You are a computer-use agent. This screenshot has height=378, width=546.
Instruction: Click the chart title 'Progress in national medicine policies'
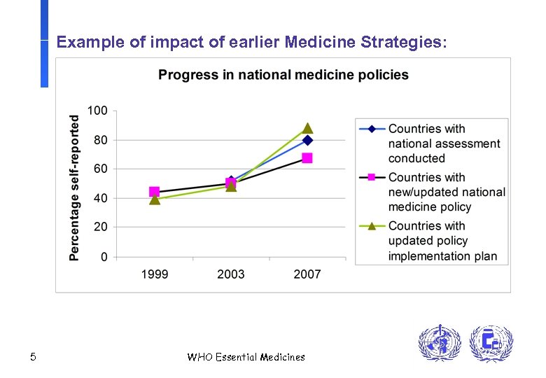(x=283, y=75)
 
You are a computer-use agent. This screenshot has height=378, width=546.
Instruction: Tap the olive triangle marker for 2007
(x=307, y=129)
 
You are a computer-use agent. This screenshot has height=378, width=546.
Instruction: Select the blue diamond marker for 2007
(x=307, y=140)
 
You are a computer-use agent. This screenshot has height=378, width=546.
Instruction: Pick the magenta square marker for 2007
(x=307, y=158)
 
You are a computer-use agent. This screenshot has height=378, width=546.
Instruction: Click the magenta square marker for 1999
(x=155, y=192)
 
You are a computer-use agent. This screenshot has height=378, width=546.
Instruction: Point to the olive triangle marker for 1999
(x=155, y=200)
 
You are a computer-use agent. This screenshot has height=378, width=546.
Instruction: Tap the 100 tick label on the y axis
(x=97, y=111)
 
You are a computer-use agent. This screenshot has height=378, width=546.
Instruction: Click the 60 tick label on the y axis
(x=100, y=169)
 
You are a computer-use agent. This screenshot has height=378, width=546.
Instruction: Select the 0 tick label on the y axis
(x=104, y=257)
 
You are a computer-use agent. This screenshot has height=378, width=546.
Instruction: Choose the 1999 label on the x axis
(x=155, y=274)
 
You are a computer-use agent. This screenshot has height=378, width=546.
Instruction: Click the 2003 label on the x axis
(x=231, y=274)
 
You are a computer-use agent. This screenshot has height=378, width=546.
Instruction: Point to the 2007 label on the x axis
(x=307, y=274)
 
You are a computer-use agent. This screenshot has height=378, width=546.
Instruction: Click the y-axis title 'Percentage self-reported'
(x=74, y=188)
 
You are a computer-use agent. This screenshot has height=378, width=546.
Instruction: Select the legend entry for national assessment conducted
(x=444, y=143)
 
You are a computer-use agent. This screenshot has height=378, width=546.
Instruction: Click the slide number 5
(x=33, y=358)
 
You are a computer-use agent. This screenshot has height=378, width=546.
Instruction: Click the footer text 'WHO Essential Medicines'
(x=246, y=358)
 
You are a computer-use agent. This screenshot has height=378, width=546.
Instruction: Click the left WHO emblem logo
(x=440, y=344)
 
